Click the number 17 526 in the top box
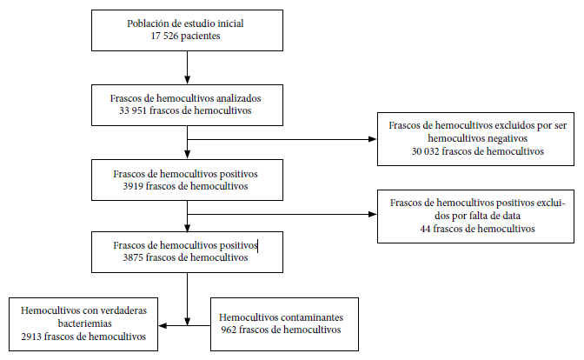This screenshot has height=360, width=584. click(164, 36)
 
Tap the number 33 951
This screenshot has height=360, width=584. click(133, 110)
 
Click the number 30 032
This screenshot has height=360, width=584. click(425, 151)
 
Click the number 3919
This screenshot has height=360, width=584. click(133, 186)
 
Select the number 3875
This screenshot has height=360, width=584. click(133, 257)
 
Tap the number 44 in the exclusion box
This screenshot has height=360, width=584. click(425, 229)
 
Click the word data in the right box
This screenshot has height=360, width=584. click(511, 216)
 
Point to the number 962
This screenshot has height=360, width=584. click(229, 330)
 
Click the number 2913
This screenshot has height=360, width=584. click(31, 337)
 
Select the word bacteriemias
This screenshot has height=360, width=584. click(85, 323)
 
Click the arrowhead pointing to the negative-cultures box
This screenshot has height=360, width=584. click(373, 139)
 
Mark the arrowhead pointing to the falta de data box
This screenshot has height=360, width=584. click(373, 214)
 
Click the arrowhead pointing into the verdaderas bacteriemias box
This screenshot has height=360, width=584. click(163, 326)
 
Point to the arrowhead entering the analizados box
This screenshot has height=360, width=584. click(188, 80)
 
